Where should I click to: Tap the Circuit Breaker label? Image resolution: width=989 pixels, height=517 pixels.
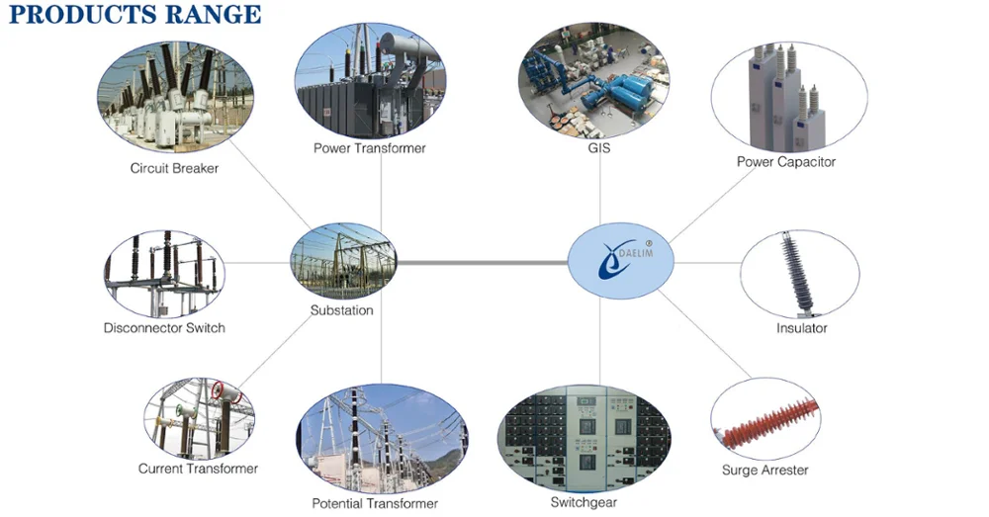point(174,168)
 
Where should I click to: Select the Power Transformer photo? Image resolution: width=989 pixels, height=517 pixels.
point(370,81)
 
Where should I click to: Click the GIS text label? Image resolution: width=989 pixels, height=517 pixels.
point(598,148)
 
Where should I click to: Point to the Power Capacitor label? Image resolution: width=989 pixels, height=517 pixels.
point(786,162)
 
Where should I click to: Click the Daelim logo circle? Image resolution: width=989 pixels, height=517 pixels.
point(621,260)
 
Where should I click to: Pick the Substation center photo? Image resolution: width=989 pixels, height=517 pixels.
point(344,260)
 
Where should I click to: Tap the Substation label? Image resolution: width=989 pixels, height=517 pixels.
point(342,310)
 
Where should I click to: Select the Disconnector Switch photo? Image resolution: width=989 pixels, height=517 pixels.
point(164,274)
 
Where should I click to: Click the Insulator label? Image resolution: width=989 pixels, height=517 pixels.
point(802,328)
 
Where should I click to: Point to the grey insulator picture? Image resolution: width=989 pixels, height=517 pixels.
point(799,274)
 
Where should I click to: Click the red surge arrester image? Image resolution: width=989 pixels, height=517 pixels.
point(765,419)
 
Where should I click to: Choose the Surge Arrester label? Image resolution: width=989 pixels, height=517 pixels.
point(765,471)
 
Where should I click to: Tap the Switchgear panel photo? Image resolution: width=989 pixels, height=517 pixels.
point(584,439)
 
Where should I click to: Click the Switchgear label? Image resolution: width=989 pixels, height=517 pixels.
point(584,502)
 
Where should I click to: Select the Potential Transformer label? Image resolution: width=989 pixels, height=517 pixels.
point(375,504)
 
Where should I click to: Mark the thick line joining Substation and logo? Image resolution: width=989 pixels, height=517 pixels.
point(483,262)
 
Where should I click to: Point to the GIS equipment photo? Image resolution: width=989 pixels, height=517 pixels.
point(593,81)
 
